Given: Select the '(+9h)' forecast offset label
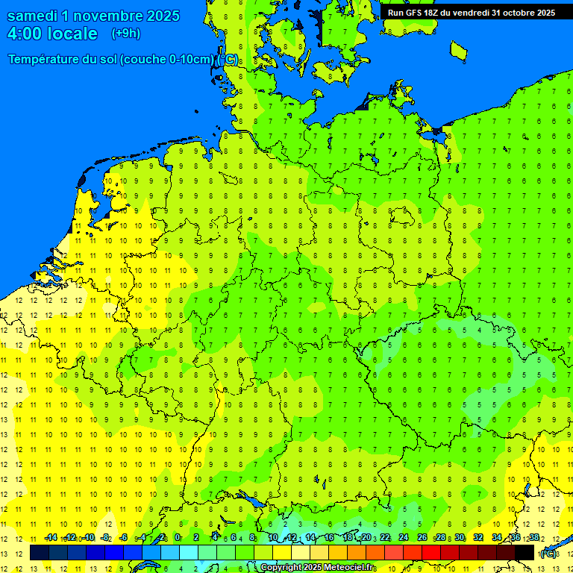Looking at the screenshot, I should click(x=125, y=34).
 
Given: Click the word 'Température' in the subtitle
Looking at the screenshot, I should click(x=46, y=60).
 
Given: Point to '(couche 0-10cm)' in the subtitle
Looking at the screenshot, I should click(x=167, y=60).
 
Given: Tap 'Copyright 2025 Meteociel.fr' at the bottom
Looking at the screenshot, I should click(x=317, y=568).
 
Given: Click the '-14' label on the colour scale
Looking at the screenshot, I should click(x=51, y=538).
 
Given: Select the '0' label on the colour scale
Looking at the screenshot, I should click(x=178, y=538).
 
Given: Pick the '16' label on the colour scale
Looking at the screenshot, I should click(x=328, y=538).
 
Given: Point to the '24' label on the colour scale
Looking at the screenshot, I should click(x=404, y=538).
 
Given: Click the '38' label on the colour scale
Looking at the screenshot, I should click(x=534, y=538).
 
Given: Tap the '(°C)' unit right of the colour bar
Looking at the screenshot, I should click(x=548, y=554).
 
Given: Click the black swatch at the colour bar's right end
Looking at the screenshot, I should click(x=525, y=553).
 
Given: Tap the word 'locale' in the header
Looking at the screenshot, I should click(x=71, y=34).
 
